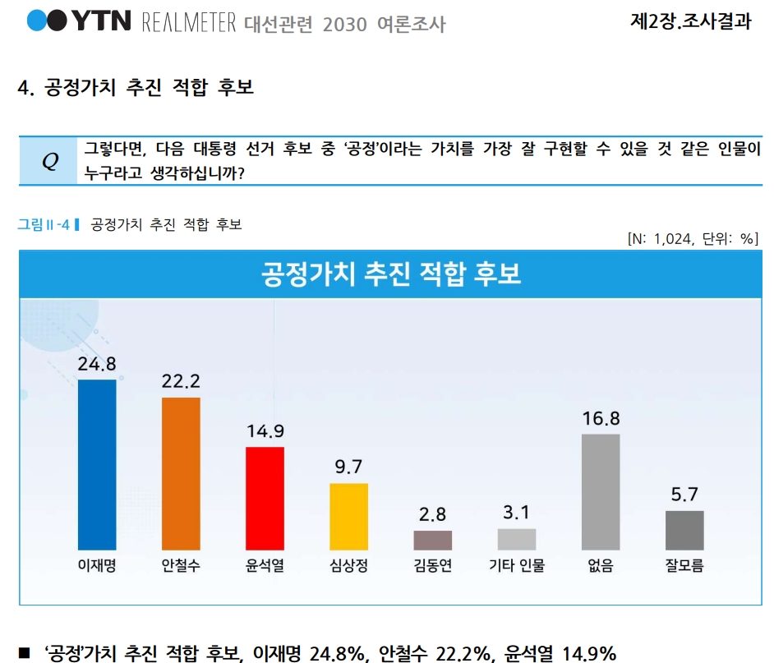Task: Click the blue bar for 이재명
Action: (97, 464)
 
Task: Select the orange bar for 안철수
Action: (181, 473)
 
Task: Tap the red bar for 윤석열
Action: (265, 498)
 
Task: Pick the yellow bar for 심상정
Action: (348, 516)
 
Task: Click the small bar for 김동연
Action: (432, 540)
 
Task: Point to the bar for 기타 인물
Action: (517, 539)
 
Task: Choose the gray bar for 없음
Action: (601, 491)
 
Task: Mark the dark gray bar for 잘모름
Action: (684, 530)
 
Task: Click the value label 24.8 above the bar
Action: (97, 364)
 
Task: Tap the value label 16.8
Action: (601, 418)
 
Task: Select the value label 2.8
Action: (432, 515)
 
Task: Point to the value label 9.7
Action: (348, 467)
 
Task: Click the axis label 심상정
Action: (348, 565)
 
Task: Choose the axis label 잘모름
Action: (684, 565)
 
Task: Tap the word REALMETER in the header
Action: (189, 22)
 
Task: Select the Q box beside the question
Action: (50, 162)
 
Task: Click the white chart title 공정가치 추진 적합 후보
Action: (391, 274)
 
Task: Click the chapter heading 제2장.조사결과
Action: (690, 22)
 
